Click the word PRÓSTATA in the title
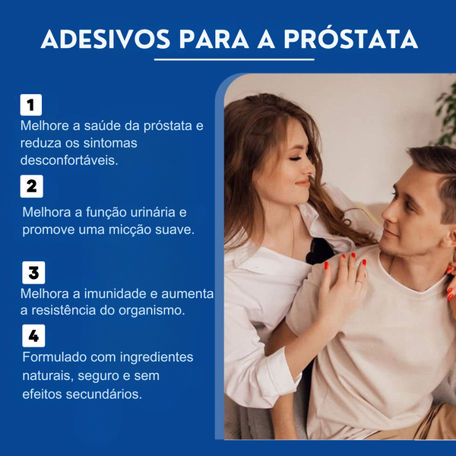(x=350, y=40)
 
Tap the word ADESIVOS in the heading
(x=106, y=40)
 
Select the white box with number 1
(x=31, y=105)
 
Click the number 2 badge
(x=31, y=186)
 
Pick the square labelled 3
(x=33, y=273)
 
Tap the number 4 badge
(x=33, y=336)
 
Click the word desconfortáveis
(x=69, y=160)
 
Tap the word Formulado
(x=55, y=357)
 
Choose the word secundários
(x=104, y=394)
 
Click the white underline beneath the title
(x=234, y=59)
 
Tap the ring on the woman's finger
(x=359, y=281)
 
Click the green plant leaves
(x=447, y=116)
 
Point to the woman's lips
(x=302, y=183)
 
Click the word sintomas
(x=110, y=143)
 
